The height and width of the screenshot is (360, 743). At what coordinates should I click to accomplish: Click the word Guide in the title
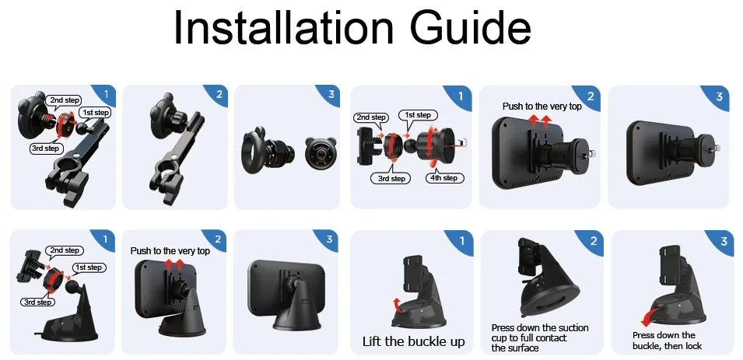click(466, 28)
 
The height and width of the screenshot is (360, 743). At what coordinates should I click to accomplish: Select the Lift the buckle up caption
click(413, 341)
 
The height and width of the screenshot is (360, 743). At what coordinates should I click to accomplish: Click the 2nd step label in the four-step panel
click(372, 117)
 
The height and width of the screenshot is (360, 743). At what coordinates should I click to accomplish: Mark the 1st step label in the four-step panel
click(418, 115)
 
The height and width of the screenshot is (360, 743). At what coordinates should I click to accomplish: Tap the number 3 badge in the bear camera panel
click(331, 95)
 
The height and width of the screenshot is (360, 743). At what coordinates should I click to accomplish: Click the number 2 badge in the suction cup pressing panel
click(592, 242)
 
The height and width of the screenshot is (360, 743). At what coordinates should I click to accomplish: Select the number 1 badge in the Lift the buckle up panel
click(461, 242)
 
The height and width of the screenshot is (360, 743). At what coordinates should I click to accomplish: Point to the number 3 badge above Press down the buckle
click(723, 242)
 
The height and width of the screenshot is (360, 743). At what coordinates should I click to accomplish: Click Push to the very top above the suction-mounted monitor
click(170, 251)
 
